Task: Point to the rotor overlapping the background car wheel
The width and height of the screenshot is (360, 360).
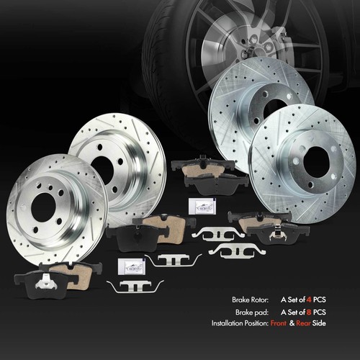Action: point(248,108)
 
